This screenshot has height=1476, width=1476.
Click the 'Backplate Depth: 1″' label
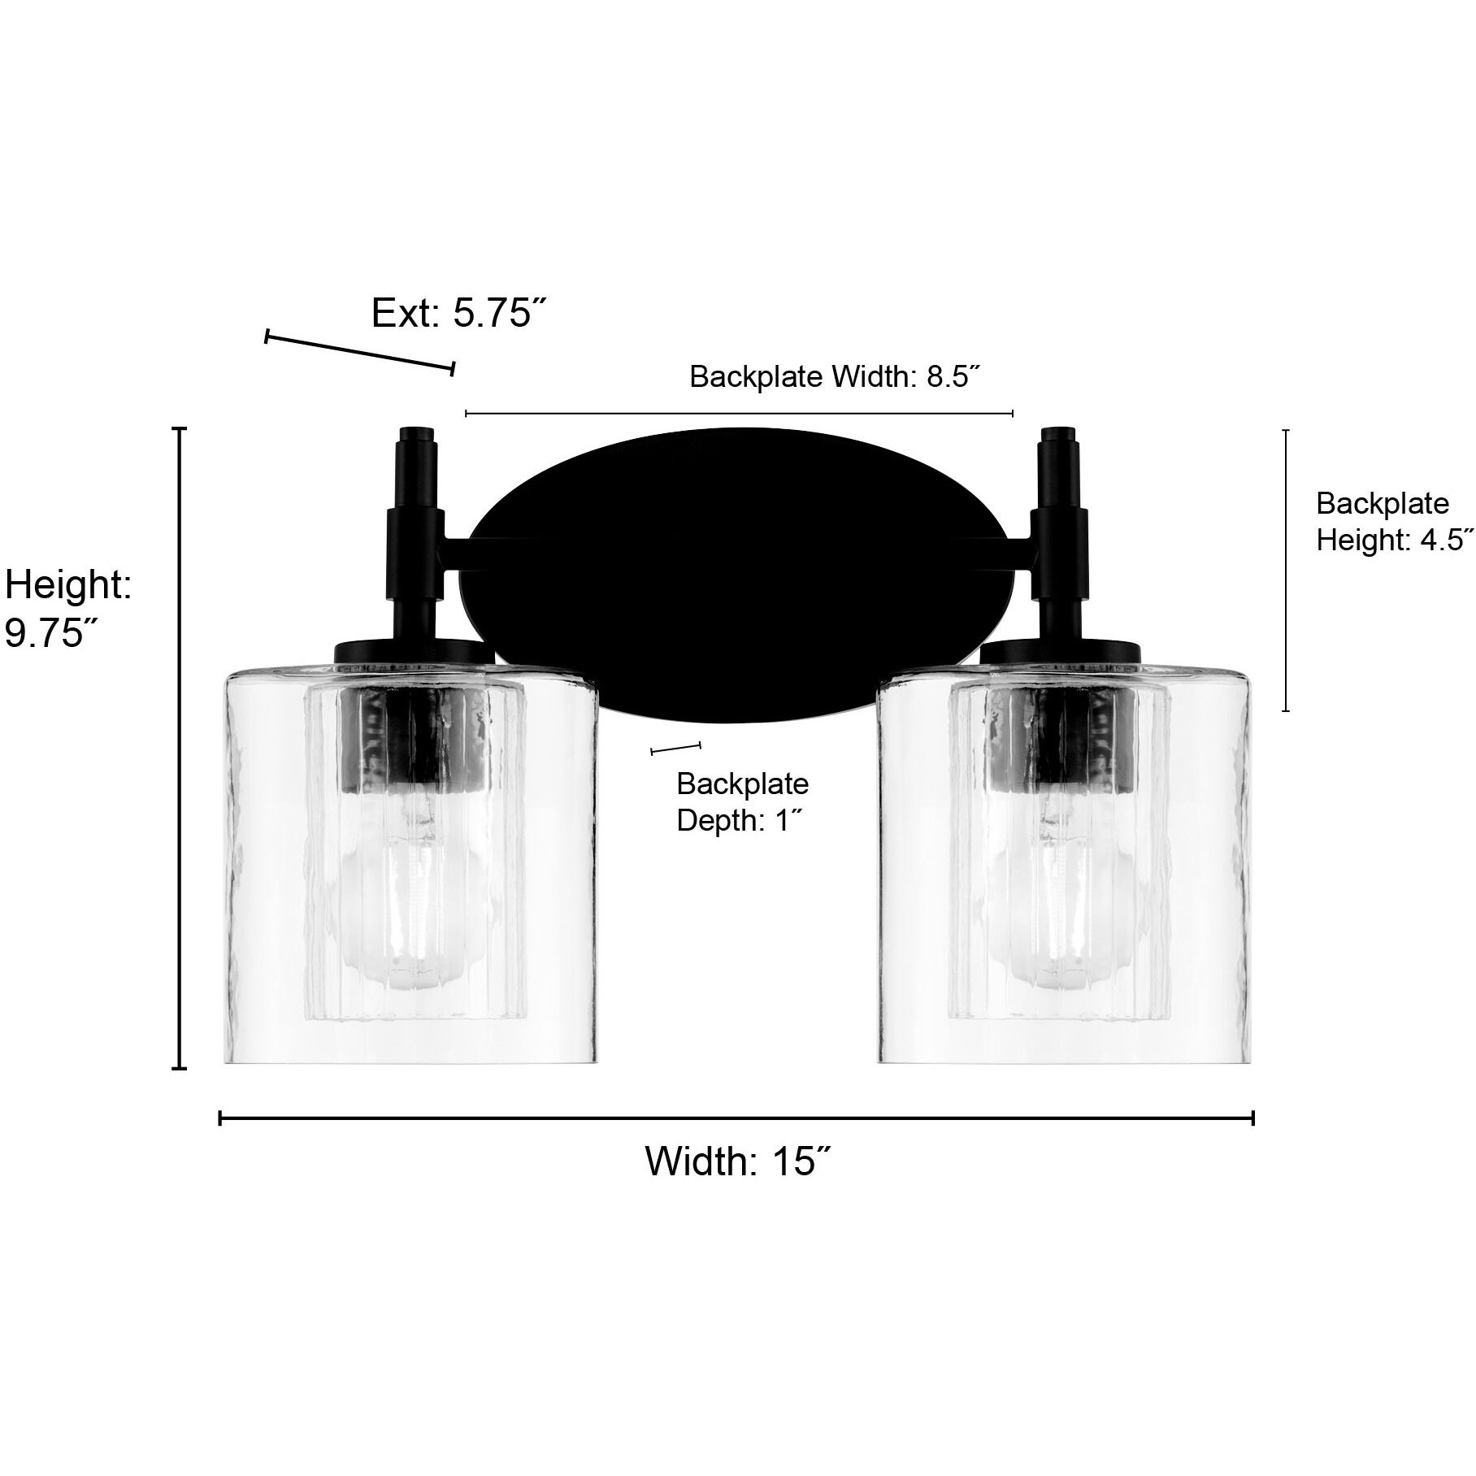742,802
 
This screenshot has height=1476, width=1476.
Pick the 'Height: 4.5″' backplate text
1394,540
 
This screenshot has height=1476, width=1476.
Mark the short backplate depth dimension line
675,748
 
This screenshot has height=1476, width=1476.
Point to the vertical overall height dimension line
181,748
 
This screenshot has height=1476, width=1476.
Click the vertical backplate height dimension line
1285,569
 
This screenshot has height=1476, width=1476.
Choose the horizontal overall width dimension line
736,1119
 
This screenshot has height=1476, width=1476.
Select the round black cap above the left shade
415,651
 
